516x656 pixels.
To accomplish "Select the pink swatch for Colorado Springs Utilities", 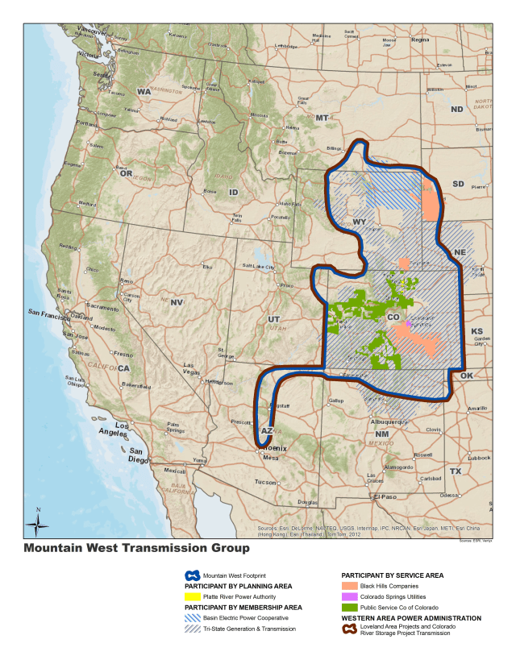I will (x=350, y=596).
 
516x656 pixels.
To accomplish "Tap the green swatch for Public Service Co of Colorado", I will (x=350, y=607).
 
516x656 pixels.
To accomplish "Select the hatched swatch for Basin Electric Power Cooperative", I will (x=192, y=617).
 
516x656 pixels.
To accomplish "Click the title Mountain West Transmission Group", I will (x=136, y=548).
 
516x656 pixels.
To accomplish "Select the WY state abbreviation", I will (x=360, y=222).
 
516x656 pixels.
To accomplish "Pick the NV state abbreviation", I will (x=177, y=301).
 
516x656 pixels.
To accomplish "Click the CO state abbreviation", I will (x=393, y=318).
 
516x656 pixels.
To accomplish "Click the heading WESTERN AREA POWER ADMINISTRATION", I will (x=412, y=617).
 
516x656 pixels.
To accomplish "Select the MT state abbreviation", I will (x=322, y=118).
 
